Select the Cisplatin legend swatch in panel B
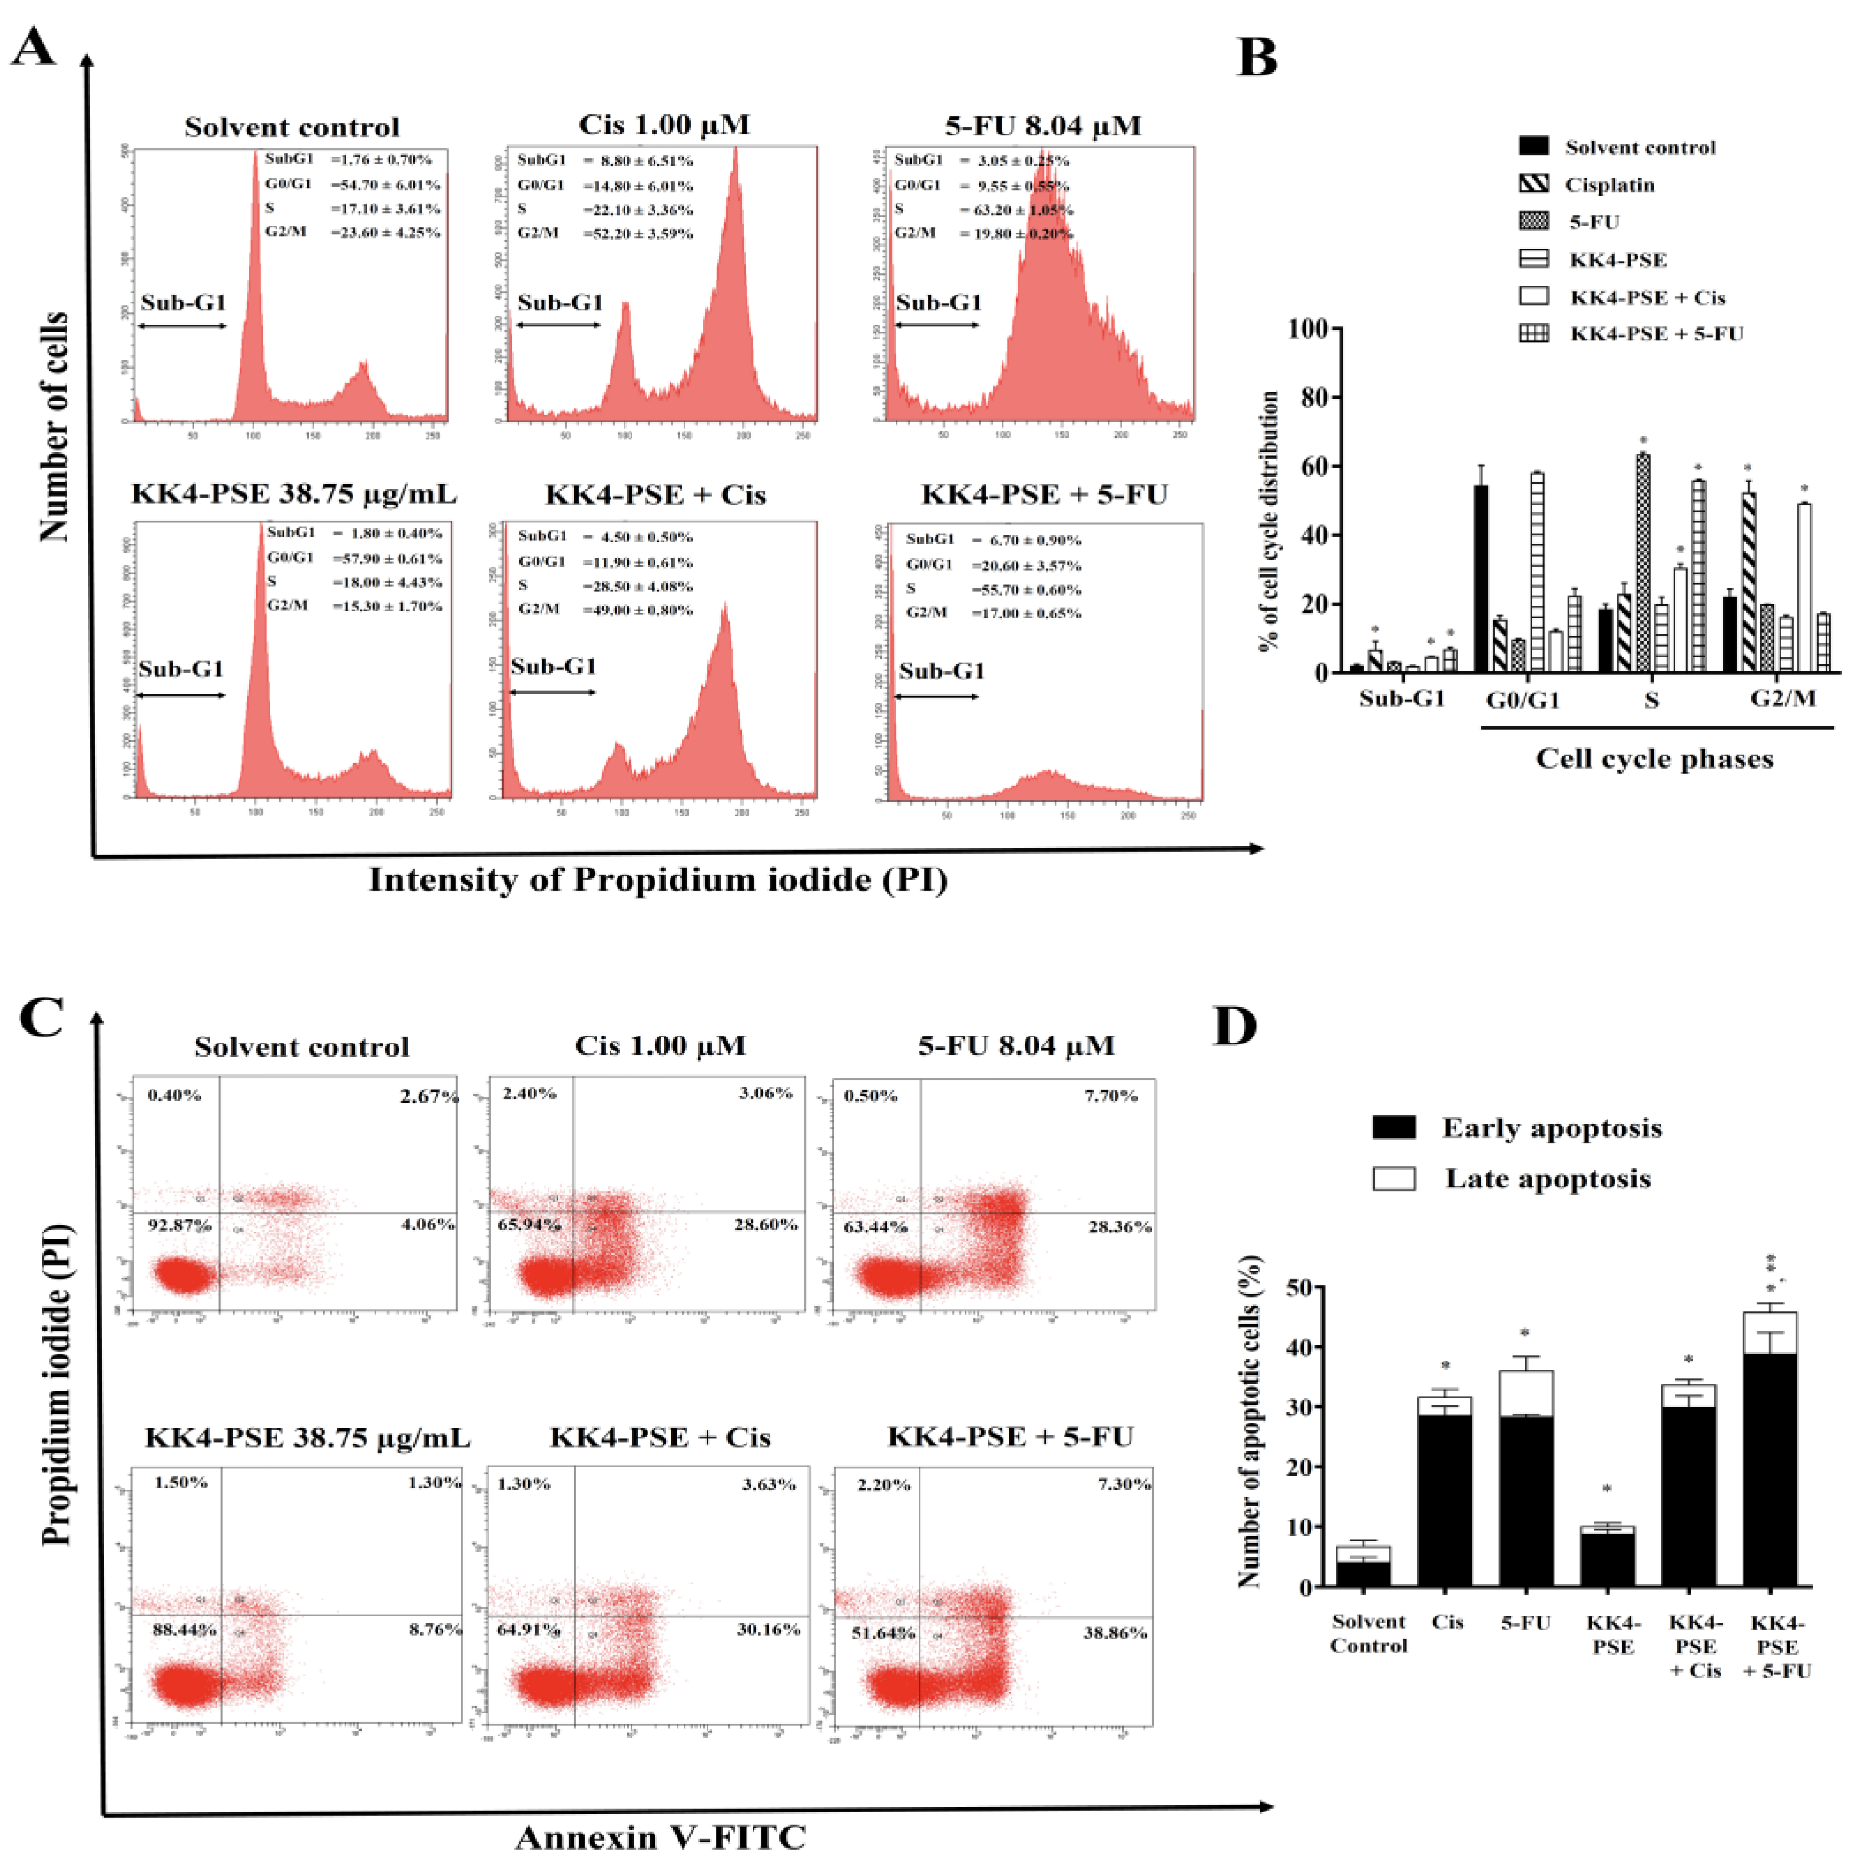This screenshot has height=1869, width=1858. pyautogui.click(x=1534, y=184)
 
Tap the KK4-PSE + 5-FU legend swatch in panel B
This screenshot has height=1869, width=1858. pyautogui.click(x=1534, y=334)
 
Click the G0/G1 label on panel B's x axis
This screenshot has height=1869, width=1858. pyautogui.click(x=1522, y=699)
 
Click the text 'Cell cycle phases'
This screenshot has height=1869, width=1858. pyautogui.click(x=1654, y=759)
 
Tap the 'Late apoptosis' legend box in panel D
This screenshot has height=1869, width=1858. pyautogui.click(x=1394, y=1178)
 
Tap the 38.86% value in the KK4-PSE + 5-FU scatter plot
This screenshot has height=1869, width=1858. pyautogui.click(x=1114, y=1633)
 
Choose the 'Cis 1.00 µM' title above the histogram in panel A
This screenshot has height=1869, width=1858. pyautogui.click(x=664, y=125)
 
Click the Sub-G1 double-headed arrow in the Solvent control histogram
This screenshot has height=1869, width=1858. pyautogui.click(x=182, y=326)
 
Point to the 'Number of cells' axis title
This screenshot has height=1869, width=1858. pyautogui.click(x=54, y=426)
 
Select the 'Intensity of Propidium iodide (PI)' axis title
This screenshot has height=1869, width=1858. pyautogui.click(x=658, y=879)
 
